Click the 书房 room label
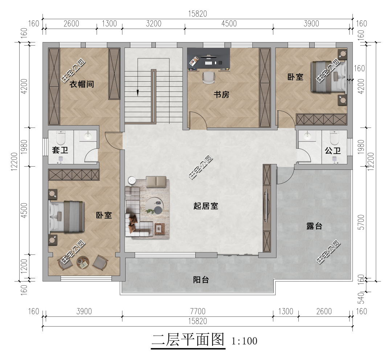click(x=221, y=94)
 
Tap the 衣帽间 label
click(x=82, y=84)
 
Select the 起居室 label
click(x=206, y=206)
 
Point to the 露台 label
click(x=314, y=226)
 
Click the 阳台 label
click(x=201, y=279)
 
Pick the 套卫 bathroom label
click(x=60, y=150)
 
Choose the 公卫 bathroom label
click(x=333, y=151)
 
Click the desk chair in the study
click(x=208, y=78)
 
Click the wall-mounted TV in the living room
click(x=267, y=206)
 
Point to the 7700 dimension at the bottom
click(x=197, y=311)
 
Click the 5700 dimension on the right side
click(x=361, y=222)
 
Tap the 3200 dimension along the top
click(x=154, y=24)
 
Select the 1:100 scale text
click(x=244, y=341)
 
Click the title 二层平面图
click(x=188, y=340)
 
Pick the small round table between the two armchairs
click(x=82, y=262)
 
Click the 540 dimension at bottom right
click(x=361, y=298)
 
